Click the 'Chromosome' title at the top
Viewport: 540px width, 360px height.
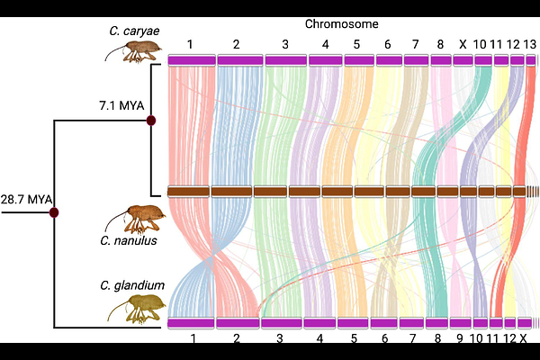(x=342, y=24)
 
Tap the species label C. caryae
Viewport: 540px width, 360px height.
(x=134, y=31)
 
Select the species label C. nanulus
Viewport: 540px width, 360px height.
(x=129, y=240)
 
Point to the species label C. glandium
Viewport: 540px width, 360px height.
(x=132, y=285)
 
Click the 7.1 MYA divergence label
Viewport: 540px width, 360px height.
(x=121, y=105)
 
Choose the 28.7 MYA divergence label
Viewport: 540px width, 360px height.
(x=26, y=200)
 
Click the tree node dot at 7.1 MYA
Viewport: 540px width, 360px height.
(x=151, y=121)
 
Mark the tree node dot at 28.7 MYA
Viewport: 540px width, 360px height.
(x=54, y=212)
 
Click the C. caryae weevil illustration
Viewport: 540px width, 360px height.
(x=134, y=51)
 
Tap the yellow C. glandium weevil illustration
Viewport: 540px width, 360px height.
(x=138, y=310)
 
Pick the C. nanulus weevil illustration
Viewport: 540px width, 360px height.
(x=136, y=219)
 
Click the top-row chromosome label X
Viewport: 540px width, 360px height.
(x=463, y=44)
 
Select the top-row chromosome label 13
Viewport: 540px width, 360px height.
(x=530, y=44)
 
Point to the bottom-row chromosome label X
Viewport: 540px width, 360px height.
(x=523, y=338)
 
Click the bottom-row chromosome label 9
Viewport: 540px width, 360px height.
(x=460, y=338)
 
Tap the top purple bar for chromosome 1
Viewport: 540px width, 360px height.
(x=192, y=60)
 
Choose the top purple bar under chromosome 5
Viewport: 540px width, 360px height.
(x=359, y=60)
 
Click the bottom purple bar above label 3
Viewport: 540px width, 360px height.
(x=282, y=323)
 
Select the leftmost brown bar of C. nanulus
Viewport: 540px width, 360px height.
(x=188, y=192)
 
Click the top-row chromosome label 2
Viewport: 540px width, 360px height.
(x=236, y=44)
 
